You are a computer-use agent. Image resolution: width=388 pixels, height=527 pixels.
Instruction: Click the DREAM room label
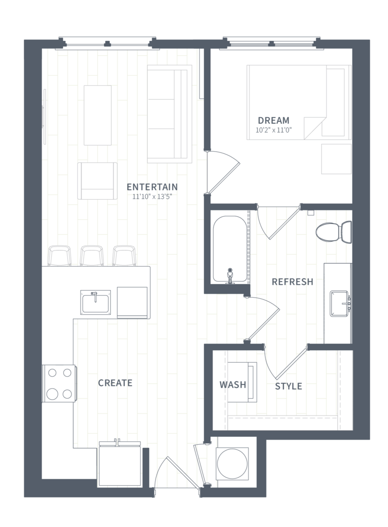click(x=274, y=120)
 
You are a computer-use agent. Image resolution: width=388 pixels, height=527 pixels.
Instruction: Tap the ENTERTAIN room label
click(x=152, y=187)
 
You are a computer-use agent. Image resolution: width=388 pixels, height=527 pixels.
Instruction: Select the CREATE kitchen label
click(x=115, y=383)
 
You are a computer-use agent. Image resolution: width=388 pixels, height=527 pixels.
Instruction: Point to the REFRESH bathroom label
click(x=292, y=282)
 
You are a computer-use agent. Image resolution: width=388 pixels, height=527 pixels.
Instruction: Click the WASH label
click(x=233, y=385)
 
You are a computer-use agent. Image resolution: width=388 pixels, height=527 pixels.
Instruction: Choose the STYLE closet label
click(x=289, y=386)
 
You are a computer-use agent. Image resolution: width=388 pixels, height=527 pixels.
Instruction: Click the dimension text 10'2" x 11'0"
click(x=274, y=130)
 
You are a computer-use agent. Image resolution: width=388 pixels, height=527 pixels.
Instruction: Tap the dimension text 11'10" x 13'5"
click(x=152, y=196)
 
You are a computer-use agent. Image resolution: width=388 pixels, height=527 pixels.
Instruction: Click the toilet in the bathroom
click(x=334, y=232)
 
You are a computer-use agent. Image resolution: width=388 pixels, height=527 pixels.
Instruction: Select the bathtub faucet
click(x=230, y=276)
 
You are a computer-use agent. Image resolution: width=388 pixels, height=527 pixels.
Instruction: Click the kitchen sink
click(x=96, y=302)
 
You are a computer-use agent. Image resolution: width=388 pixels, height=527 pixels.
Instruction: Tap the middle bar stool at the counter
click(x=92, y=256)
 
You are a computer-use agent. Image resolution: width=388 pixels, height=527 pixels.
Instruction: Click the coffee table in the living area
click(x=97, y=115)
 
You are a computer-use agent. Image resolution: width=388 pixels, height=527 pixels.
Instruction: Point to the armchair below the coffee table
click(x=97, y=181)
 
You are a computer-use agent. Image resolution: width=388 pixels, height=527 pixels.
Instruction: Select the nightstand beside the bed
click(x=336, y=159)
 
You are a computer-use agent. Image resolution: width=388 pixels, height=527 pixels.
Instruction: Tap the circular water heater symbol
click(x=232, y=464)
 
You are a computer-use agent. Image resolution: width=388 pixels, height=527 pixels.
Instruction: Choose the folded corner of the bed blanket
click(x=314, y=128)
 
